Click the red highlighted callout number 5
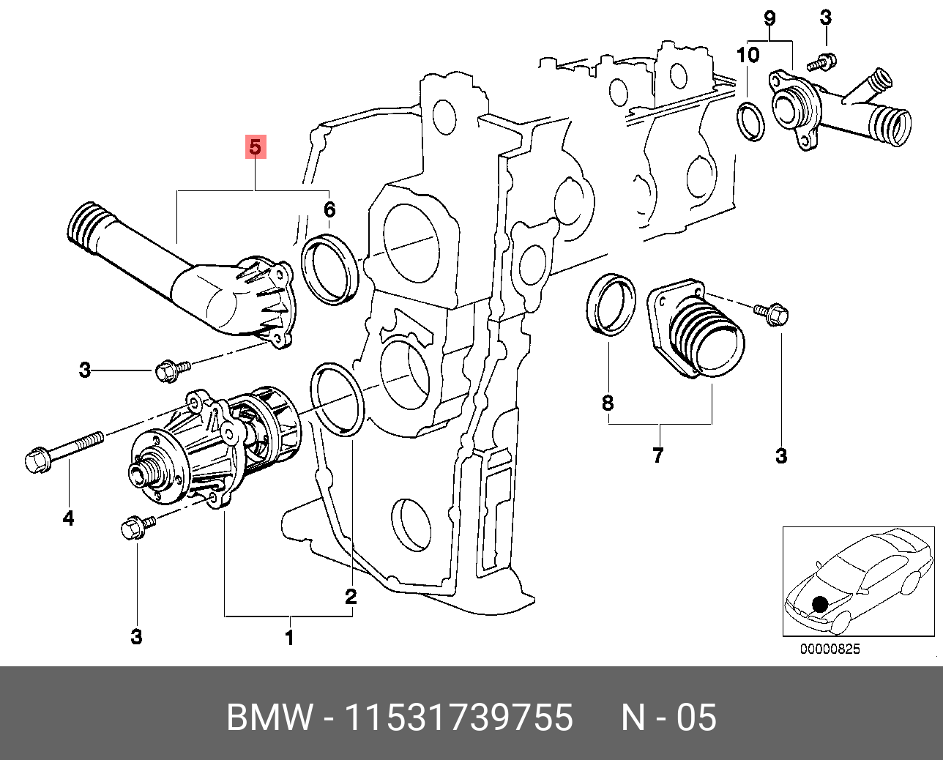point(254,146)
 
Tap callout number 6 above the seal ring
point(329,210)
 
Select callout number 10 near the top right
point(748,54)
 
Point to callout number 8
point(608,402)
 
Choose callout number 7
point(657,455)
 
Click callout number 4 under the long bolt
point(68,518)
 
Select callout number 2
point(351,596)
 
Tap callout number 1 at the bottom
point(289,638)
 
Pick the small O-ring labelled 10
point(750,122)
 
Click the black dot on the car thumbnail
point(820,604)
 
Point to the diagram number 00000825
point(830,649)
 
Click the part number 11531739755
point(458,718)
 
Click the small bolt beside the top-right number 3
point(822,62)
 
